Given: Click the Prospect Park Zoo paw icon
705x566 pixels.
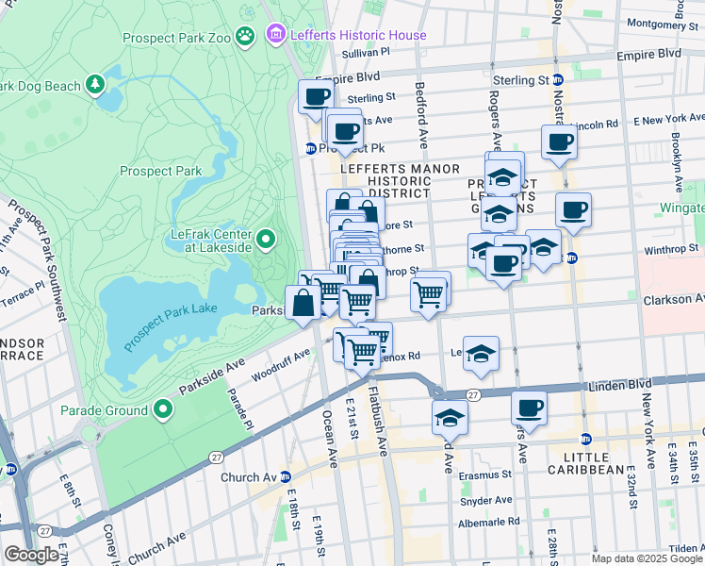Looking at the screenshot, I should click(x=245, y=36).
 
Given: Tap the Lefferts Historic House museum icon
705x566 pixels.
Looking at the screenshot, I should click(x=275, y=35).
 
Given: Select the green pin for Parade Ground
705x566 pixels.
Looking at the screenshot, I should click(x=163, y=409).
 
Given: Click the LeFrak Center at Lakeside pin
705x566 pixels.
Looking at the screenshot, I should click(x=266, y=240).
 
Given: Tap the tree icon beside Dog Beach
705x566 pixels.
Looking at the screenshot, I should click(x=95, y=86).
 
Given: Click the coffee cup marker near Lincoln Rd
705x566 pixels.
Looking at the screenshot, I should click(x=559, y=141).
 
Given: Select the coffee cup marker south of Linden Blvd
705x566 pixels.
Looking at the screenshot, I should click(x=529, y=408).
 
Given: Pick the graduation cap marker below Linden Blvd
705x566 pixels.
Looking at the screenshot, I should click(x=450, y=416).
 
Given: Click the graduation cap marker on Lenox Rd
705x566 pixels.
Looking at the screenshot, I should click(x=481, y=353).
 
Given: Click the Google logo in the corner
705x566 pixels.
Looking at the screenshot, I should click(x=31, y=554).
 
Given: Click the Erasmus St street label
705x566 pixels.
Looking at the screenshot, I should click(x=485, y=475).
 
